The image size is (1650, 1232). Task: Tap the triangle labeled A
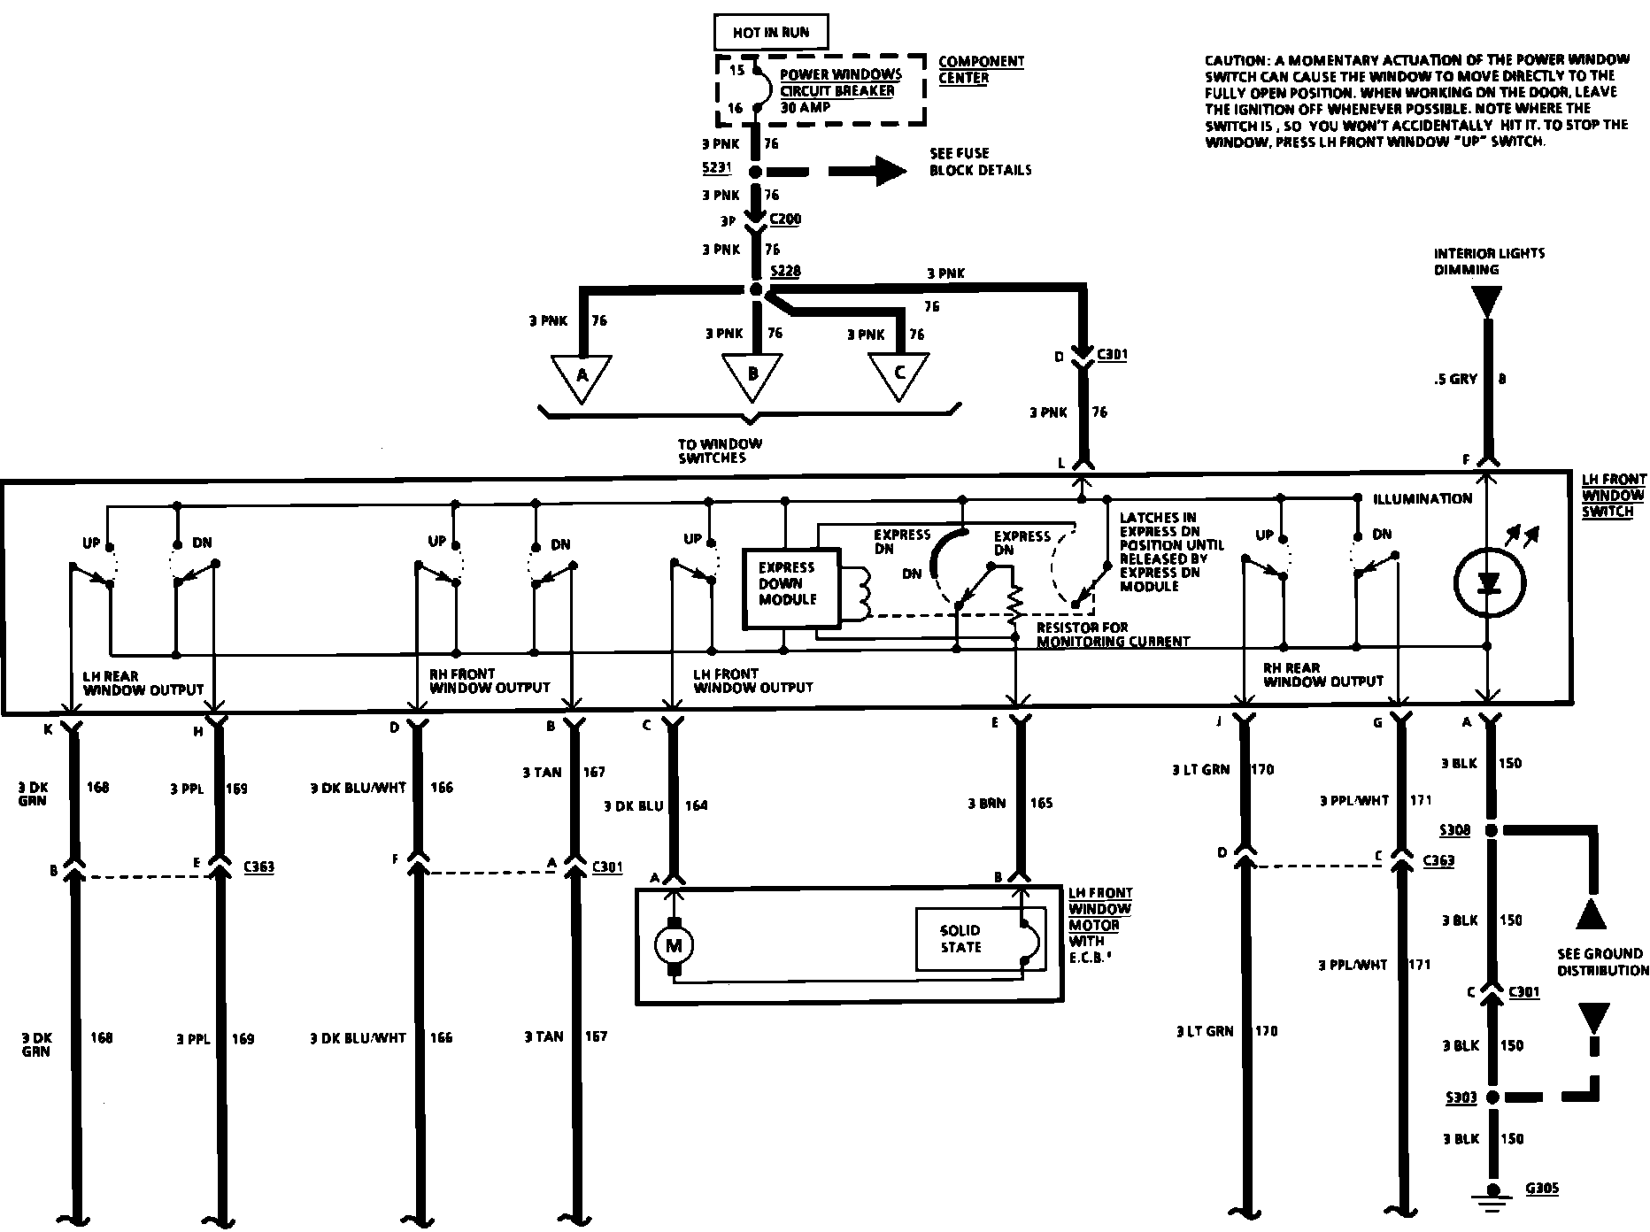pyautogui.click(x=582, y=375)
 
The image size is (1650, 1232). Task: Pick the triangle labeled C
pyautogui.click(x=898, y=373)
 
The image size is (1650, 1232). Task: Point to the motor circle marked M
pyautogui.click(x=675, y=946)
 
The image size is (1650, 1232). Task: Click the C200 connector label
pyautogui.click(x=785, y=219)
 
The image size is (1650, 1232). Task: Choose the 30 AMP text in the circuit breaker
pyautogui.click(x=806, y=107)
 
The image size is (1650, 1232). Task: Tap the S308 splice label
pyautogui.click(x=1454, y=830)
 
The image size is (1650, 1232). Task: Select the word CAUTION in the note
pyautogui.click(x=1234, y=60)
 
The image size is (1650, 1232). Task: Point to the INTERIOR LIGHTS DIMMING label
pyautogui.click(x=1489, y=261)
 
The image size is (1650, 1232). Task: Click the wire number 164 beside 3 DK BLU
pyautogui.click(x=696, y=805)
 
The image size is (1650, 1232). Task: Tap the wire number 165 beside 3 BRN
pyautogui.click(x=1042, y=804)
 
